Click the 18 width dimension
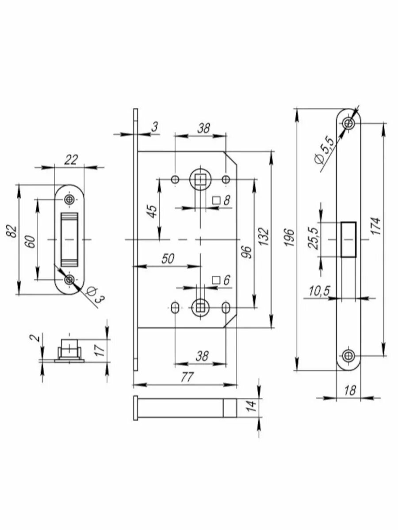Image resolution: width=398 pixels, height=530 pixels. (x=349, y=390)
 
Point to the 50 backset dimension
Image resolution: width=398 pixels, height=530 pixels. (x=167, y=258)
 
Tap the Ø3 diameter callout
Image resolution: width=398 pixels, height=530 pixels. (x=94, y=295)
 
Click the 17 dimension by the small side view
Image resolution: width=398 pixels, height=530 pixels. (x=99, y=350)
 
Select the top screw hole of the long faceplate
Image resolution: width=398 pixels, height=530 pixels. (x=349, y=123)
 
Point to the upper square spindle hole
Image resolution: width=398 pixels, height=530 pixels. (x=200, y=180)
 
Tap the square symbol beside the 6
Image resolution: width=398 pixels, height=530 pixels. (x=216, y=280)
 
